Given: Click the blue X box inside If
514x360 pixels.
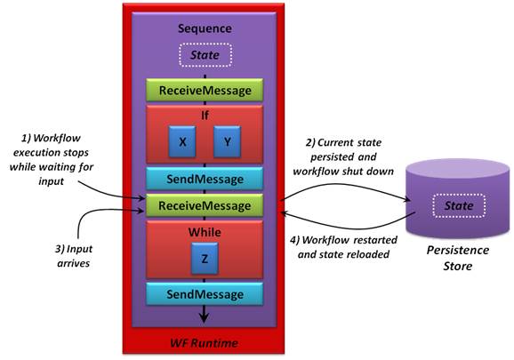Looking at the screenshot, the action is pos(182,141).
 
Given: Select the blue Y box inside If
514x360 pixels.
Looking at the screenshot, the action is pos(227,141).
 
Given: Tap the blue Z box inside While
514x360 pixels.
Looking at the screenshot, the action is pos(205,259).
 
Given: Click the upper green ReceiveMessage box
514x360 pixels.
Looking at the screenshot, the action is pos(205,90).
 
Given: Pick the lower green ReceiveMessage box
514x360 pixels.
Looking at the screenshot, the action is pos(205,205).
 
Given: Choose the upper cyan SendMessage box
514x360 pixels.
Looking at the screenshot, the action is pos(205,179).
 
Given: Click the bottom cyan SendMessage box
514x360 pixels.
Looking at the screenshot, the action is pos(205,294).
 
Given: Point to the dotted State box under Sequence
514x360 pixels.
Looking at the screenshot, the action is pos(205,55).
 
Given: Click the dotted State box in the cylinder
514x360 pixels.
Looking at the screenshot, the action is pos(459,205).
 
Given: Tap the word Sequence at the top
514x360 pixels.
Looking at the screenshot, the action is pos(205,28).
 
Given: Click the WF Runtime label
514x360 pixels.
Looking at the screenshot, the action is pos(204,343).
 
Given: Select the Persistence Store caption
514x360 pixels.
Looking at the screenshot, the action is pos(458,258).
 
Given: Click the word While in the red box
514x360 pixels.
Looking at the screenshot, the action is pos(205,232).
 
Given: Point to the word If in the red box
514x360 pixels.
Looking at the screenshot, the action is pos(205,116).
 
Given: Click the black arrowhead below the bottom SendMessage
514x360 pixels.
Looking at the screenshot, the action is pos(205,317).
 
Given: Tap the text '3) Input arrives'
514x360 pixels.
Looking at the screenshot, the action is pos(74,256).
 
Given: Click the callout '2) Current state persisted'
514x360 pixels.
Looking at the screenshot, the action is pos(343,157).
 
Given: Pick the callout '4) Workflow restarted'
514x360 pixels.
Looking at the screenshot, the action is pos(343,247).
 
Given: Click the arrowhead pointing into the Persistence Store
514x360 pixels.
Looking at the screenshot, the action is pos(407,199).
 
